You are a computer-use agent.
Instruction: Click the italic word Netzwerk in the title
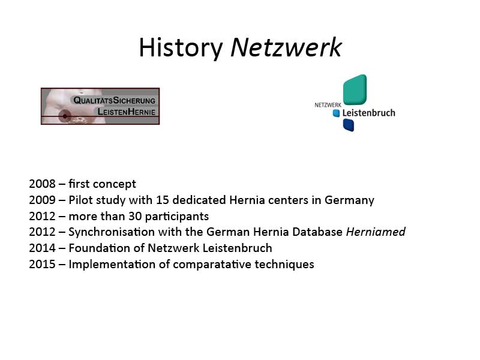pos(286,47)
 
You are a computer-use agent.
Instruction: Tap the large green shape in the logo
pos(355,89)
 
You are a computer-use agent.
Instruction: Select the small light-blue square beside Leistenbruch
pos(336,113)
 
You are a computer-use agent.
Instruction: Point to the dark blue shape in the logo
pos(349,125)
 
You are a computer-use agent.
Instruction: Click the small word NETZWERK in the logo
pos(328,105)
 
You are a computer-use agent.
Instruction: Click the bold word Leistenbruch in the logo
pos(368,113)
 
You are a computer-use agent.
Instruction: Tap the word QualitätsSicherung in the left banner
pos(114,100)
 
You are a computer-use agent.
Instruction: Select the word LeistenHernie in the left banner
pos(126,112)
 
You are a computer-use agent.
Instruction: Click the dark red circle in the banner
pos(65,116)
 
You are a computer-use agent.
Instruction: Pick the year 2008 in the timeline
pos(42,184)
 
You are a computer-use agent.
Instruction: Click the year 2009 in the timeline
pos(42,200)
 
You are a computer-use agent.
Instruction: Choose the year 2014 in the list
pos(42,248)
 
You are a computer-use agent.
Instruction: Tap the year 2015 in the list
pos(42,265)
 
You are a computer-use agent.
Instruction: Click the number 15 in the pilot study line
pos(163,200)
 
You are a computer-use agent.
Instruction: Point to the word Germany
pos(349,200)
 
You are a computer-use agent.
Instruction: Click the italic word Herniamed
pos(376,232)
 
